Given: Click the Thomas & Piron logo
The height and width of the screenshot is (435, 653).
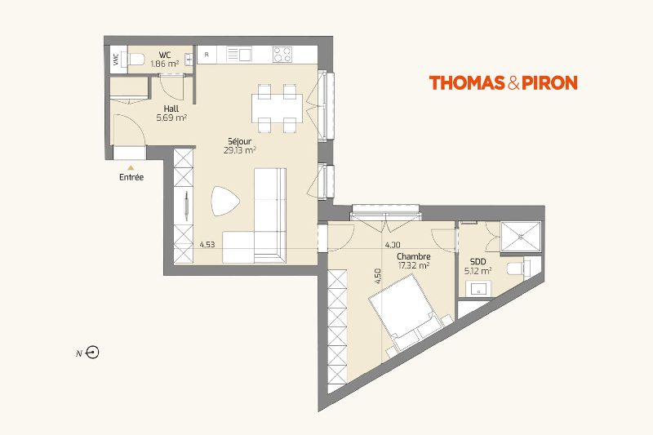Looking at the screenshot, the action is pyautogui.click(x=503, y=82).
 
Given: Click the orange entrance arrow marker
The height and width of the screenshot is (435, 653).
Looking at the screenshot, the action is pyautogui.click(x=131, y=168).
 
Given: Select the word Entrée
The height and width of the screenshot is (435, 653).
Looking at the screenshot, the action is pyautogui.click(x=131, y=177).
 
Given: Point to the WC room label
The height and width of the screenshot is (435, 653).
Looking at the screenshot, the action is pyautogui.click(x=165, y=55).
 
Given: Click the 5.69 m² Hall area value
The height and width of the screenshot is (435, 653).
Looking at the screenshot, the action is pyautogui.click(x=171, y=118).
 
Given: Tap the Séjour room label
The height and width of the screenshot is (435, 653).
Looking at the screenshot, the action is pyautogui.click(x=239, y=141).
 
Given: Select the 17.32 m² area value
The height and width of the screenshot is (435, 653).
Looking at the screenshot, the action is pyautogui.click(x=414, y=265).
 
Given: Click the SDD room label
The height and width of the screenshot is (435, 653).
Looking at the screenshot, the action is pyautogui.click(x=478, y=262).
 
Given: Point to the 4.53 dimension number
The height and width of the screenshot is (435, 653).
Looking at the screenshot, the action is pyautogui.click(x=207, y=244).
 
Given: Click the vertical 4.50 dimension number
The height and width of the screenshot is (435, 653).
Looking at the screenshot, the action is pyautogui.click(x=378, y=276).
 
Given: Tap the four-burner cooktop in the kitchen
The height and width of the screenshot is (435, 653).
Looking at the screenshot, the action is pyautogui.click(x=282, y=55).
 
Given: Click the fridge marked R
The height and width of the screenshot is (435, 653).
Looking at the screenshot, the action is pyautogui.click(x=207, y=55).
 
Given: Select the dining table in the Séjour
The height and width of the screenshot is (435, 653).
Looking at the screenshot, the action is pyautogui.click(x=277, y=109).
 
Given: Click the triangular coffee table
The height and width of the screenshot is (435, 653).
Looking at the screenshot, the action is pyautogui.click(x=225, y=201).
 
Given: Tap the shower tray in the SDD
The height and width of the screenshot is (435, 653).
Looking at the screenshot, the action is pyautogui.click(x=521, y=237).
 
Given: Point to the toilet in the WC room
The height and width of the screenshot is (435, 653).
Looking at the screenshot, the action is pyautogui.click(x=135, y=60).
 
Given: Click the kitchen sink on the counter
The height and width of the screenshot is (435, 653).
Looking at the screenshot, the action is pyautogui.click(x=239, y=55).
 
